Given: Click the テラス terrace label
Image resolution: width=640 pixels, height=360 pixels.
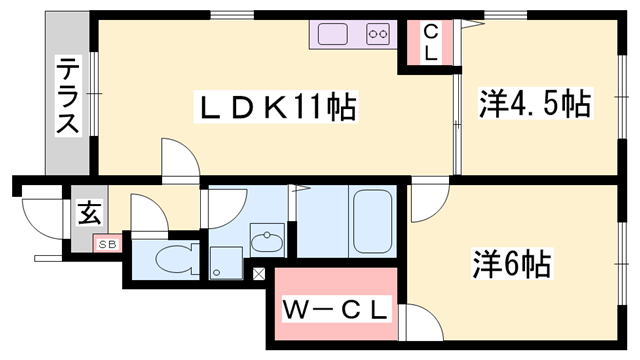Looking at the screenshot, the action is point(68,96).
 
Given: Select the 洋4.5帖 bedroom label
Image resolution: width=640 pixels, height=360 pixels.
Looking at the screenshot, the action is point(535,103).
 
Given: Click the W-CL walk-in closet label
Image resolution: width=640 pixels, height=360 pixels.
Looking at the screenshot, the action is point(333,311).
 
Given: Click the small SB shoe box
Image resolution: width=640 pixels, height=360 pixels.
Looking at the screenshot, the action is point(105,243).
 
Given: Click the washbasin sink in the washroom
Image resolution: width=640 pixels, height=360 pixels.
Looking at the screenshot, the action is point(267,241).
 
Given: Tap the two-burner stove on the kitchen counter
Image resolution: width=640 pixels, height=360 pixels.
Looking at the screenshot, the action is point(378,35).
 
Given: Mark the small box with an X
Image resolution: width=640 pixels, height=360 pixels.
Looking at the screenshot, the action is point(260,273).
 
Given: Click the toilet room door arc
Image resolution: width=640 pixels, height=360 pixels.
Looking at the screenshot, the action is point(146,213).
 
